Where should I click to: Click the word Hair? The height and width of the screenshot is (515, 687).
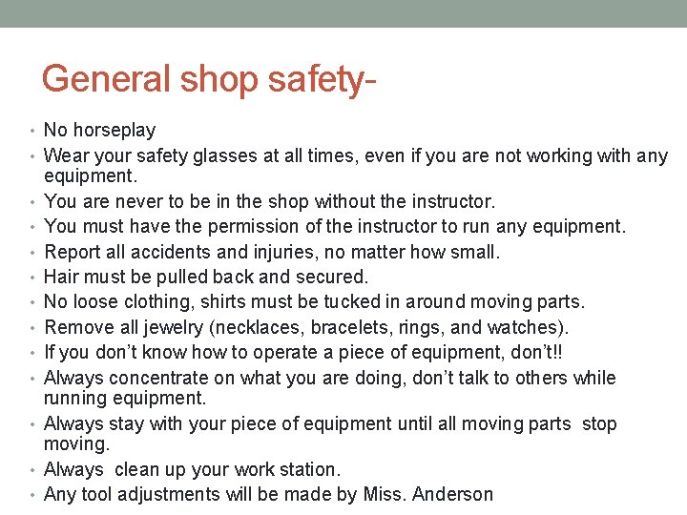point(62,278)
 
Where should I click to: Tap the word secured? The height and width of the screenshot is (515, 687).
point(330,278)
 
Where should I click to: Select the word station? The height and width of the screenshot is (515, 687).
point(306,469)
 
